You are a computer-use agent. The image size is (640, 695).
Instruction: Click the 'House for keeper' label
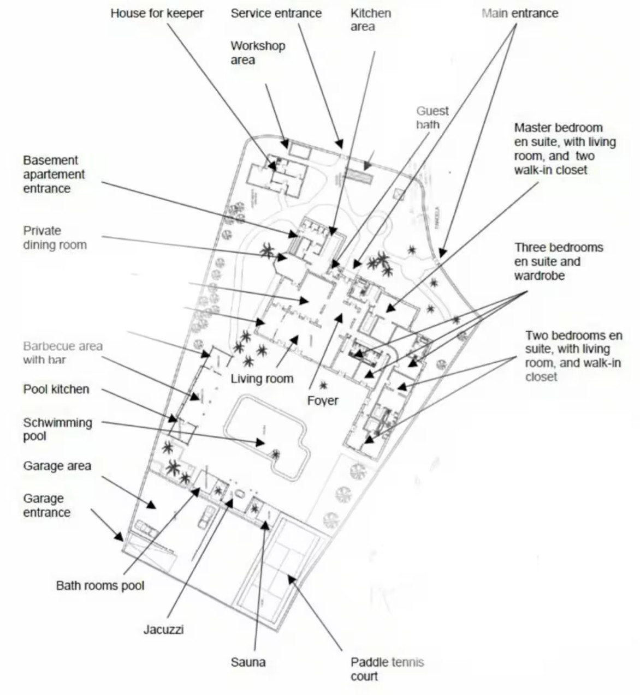[157, 13]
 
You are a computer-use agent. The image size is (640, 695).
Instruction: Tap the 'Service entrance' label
[276, 13]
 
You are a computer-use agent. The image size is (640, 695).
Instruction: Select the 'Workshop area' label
[257, 52]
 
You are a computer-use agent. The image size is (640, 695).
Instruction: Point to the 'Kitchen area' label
[370, 20]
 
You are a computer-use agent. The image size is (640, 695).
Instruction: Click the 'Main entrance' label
[519, 13]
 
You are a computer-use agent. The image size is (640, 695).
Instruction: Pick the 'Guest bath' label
[432, 117]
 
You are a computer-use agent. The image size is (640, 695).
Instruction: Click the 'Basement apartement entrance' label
[54, 174]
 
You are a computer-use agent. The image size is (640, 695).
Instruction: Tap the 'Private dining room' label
[55, 237]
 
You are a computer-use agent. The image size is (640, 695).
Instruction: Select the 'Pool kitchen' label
[56, 389]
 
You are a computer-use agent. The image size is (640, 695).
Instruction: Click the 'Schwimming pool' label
[57, 429]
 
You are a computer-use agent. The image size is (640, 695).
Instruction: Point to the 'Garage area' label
[57, 466]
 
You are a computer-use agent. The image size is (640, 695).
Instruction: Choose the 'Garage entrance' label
[46, 505]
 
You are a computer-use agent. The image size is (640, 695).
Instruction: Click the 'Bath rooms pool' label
[100, 585]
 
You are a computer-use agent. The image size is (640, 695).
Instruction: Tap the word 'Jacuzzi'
[163, 629]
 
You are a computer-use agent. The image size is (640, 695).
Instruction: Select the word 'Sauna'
[248, 662]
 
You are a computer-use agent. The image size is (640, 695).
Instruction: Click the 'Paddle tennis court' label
[387, 669]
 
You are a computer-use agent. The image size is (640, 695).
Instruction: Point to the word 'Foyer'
[322, 400]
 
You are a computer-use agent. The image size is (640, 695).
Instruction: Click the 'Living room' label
[262, 378]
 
